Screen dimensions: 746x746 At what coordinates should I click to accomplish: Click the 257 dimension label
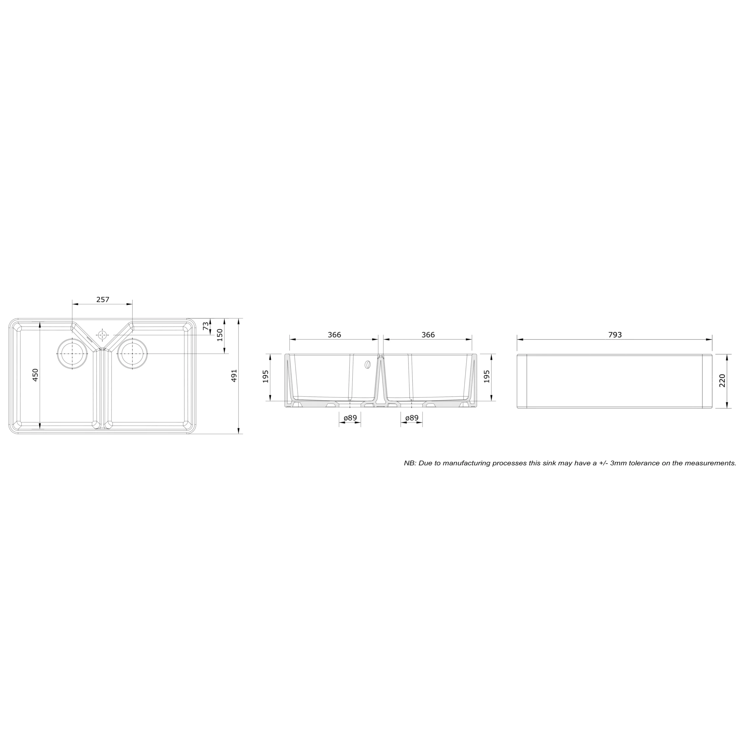point(103,299)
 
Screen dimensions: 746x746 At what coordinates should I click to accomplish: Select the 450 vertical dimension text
point(35,375)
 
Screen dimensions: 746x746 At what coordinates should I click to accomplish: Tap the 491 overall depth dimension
point(234,376)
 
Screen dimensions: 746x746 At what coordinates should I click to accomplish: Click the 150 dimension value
point(220,335)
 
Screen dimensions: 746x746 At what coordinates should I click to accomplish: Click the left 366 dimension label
point(334,335)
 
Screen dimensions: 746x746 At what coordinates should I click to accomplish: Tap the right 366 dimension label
point(428,335)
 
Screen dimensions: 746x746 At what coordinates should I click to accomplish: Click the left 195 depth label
point(266,376)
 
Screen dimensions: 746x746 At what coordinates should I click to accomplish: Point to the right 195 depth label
point(487,376)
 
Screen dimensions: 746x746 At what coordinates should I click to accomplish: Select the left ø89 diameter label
point(350,418)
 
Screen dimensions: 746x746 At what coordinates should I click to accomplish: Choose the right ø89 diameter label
point(412,418)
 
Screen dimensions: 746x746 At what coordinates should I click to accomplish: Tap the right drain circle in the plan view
point(132,354)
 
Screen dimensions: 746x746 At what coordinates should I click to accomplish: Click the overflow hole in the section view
point(367,364)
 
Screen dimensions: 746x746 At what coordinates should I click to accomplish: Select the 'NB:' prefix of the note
point(410,463)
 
